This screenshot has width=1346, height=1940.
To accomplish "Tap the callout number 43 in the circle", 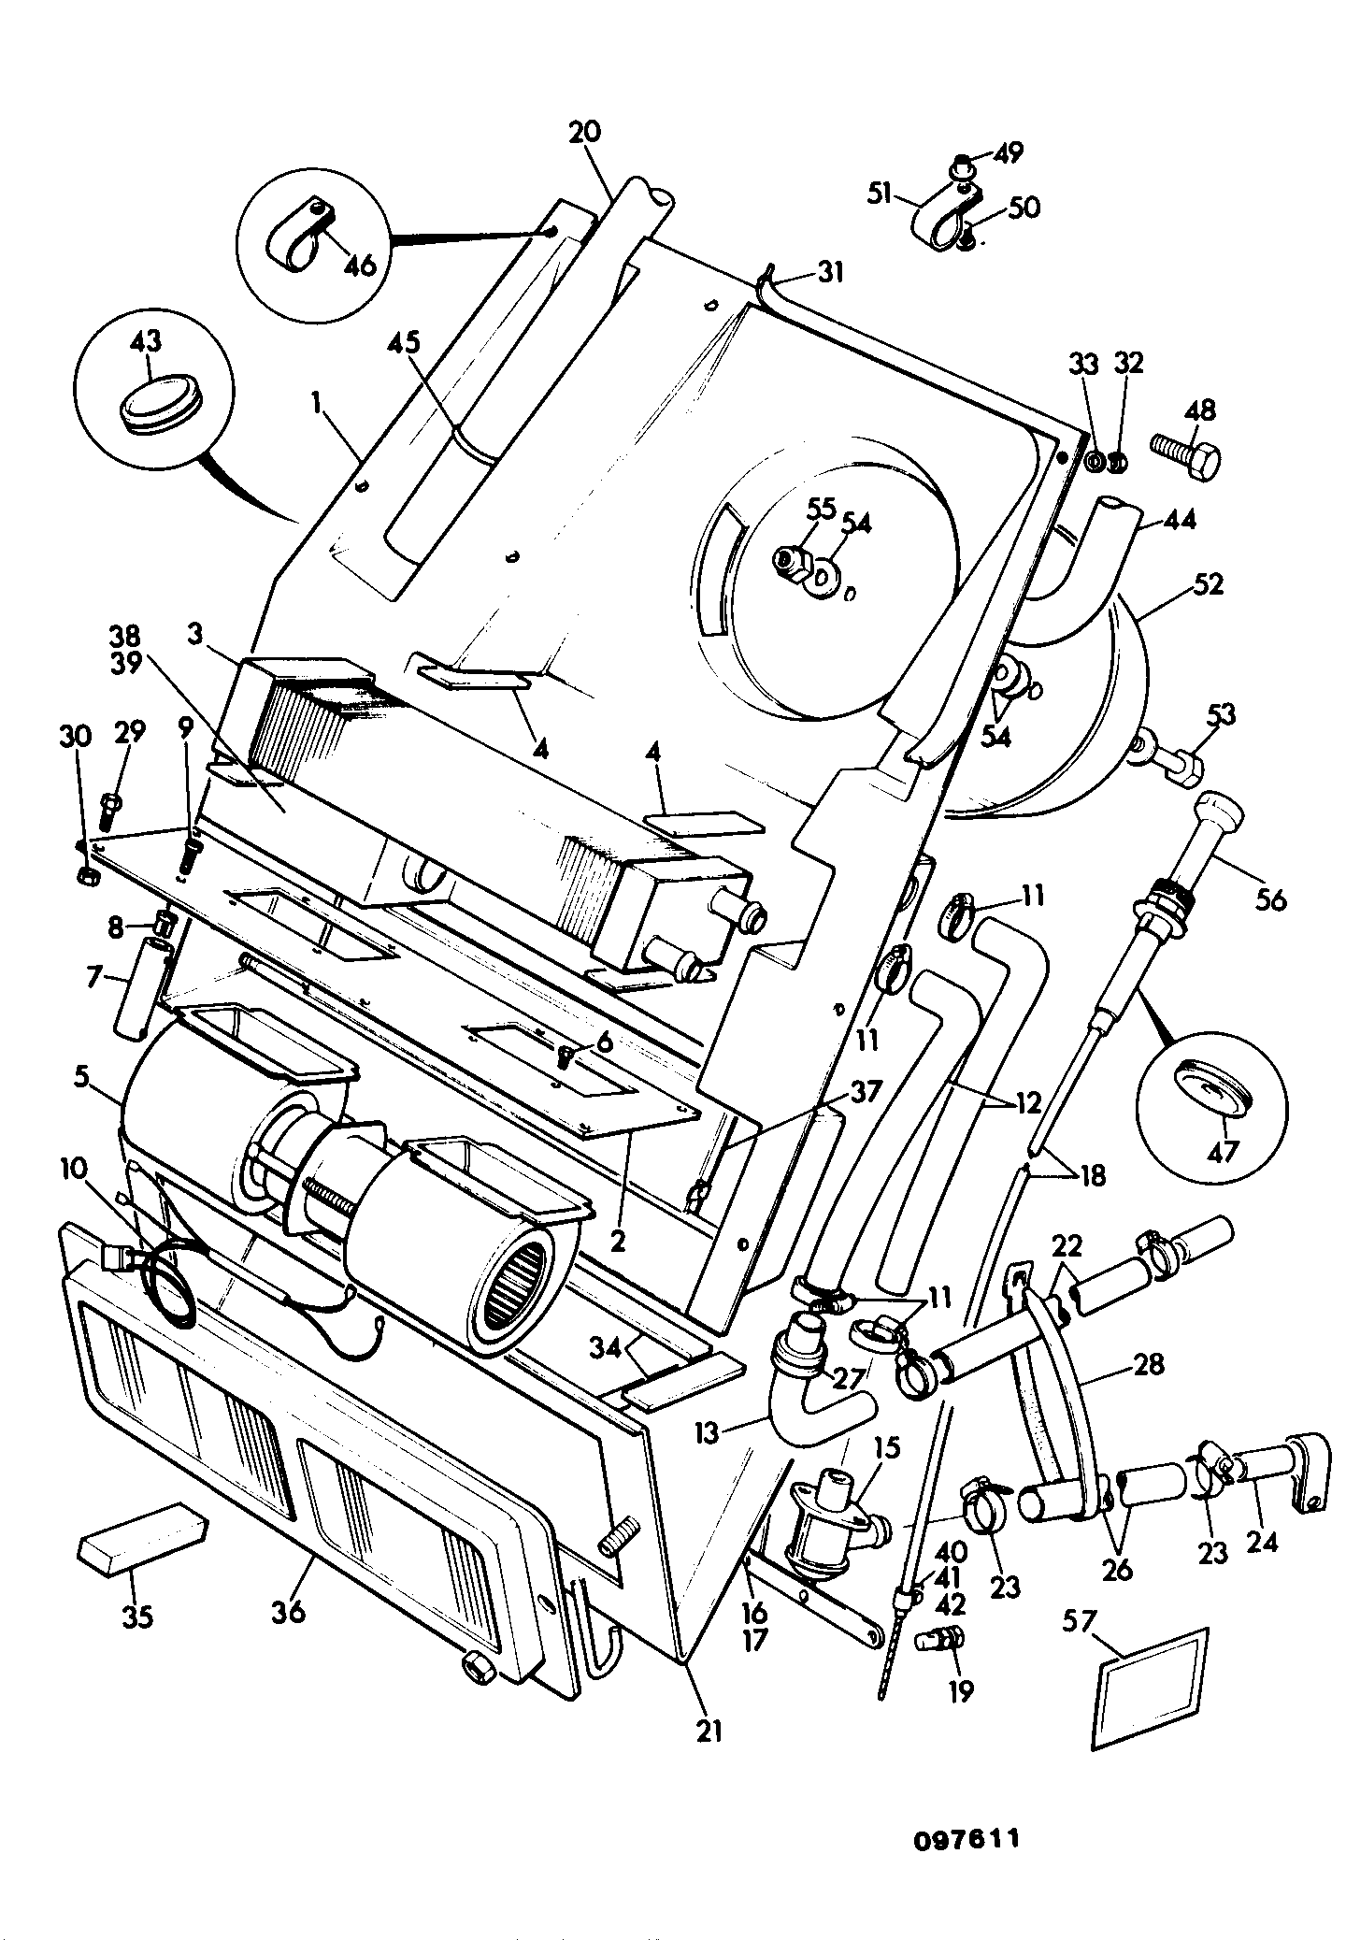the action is tap(147, 340).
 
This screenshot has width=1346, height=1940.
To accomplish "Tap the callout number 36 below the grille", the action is tap(289, 1612).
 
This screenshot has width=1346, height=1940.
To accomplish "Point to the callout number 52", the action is tap(1207, 583).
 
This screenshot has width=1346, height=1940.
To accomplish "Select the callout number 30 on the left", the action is tap(75, 736).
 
